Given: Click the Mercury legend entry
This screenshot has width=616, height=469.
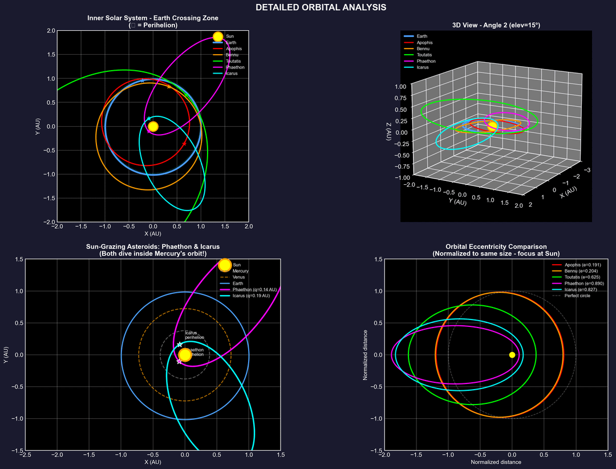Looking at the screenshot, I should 240,271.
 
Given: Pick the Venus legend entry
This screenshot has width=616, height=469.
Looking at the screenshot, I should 239,277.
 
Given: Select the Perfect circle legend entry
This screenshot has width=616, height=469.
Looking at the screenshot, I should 577,296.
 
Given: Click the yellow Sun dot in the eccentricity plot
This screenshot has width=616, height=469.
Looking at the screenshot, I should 512,355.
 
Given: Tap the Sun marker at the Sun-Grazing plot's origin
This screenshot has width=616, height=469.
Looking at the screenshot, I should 185,355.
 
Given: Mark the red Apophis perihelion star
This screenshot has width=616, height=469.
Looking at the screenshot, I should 184,143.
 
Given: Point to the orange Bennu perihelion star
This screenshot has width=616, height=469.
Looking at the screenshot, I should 169,86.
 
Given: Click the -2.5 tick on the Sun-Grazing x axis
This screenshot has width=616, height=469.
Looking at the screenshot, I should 25,455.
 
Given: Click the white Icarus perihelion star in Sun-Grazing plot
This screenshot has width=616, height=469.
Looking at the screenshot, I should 180,345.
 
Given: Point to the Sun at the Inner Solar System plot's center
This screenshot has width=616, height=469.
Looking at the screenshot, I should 153,127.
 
